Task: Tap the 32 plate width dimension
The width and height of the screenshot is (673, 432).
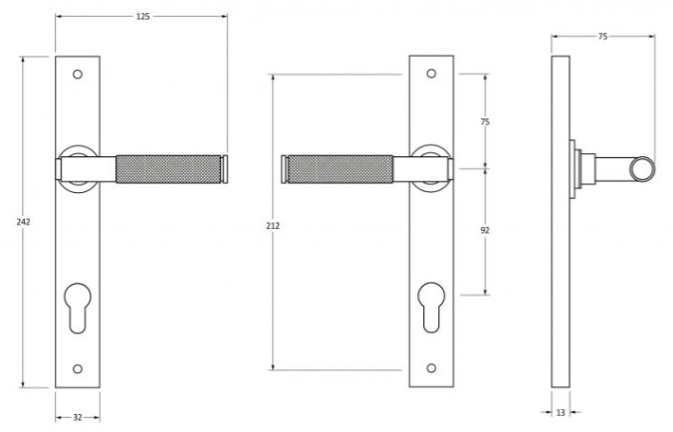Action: (x=77, y=419)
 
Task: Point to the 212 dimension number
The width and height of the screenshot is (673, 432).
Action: (x=273, y=226)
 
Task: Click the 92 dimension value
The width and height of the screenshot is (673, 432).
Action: (x=485, y=230)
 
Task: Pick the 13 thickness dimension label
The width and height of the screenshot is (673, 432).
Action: (x=561, y=411)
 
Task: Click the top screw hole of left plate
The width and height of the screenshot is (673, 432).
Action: (x=78, y=74)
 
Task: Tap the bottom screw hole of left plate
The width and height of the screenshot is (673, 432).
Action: (x=78, y=370)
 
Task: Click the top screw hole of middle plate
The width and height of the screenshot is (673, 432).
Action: (x=431, y=74)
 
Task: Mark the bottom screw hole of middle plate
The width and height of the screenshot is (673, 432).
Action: (x=431, y=369)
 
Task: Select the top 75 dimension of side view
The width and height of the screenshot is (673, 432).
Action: (x=603, y=35)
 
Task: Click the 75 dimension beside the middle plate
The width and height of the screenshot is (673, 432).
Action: (x=485, y=121)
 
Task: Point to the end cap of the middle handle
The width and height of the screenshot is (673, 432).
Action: (x=285, y=168)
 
